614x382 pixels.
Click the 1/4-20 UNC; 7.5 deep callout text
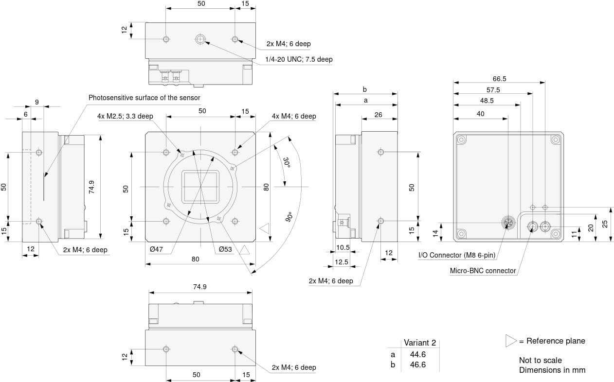click(299, 59)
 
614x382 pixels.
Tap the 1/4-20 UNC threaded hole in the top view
click(200, 39)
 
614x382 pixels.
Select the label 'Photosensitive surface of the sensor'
click(144, 98)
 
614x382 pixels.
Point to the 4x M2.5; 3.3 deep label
click(125, 116)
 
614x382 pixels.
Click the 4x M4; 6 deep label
click(294, 116)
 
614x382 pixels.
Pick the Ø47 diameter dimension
click(156, 249)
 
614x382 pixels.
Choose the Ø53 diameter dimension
click(225, 249)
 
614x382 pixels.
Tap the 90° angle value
click(289, 217)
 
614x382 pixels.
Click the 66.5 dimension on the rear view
click(499, 79)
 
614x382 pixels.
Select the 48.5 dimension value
click(487, 101)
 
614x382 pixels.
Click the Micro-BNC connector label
click(483, 271)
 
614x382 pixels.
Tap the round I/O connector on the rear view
click(507, 224)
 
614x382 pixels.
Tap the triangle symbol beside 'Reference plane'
click(510, 341)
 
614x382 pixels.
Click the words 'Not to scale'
click(540, 360)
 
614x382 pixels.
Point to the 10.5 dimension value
click(343, 247)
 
